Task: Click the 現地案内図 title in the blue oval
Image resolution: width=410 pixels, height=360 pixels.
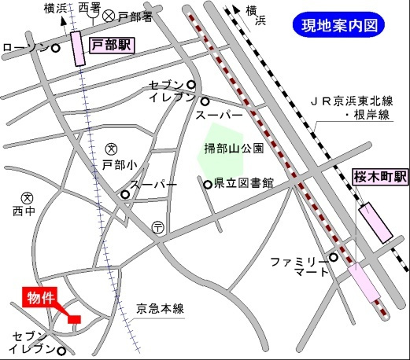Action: pos(342,25)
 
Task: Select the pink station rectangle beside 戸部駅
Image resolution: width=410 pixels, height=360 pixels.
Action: pos(79,50)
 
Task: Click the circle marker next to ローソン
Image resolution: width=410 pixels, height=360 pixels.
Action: pos(56,49)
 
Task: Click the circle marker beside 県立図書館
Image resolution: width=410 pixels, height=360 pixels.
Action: pos(208,185)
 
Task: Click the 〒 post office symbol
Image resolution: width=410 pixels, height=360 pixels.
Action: pos(158,226)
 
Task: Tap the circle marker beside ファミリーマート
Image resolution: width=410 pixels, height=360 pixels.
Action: pos(334,257)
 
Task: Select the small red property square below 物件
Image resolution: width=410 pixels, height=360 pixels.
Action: pos(75,318)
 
